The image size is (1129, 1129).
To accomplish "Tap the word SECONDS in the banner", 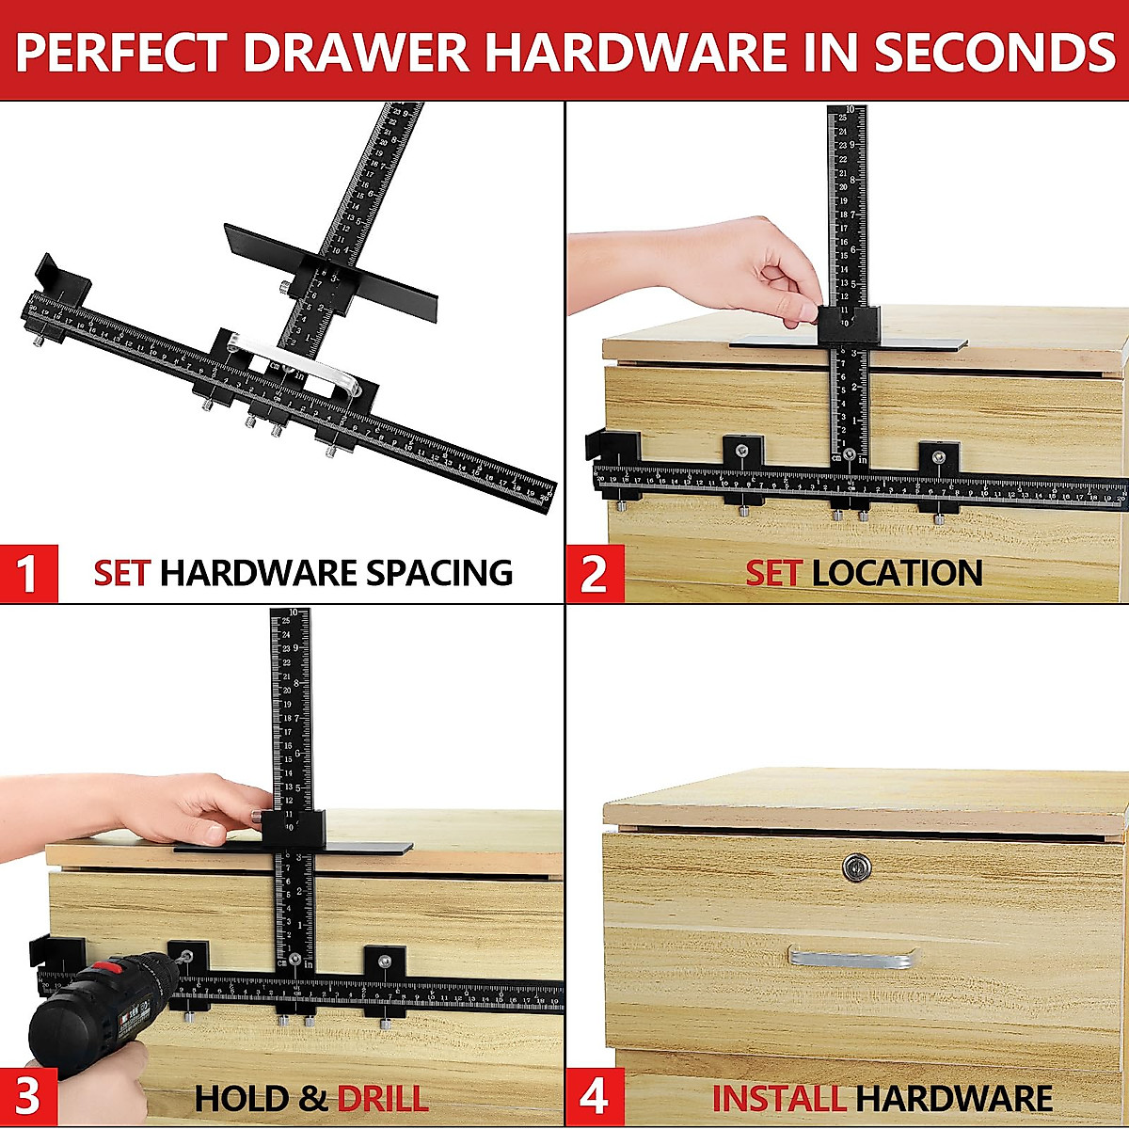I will (994, 52).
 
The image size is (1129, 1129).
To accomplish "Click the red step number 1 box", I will (28, 573).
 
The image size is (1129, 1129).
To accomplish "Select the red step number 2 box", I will (594, 573).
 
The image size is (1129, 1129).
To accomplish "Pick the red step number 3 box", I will (28, 1097).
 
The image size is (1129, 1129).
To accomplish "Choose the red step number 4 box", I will (594, 1097).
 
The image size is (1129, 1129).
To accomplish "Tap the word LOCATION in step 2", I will (897, 573).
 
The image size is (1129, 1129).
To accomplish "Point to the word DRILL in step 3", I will (382, 1098).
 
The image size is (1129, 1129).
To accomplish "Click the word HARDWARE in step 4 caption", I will (954, 1098).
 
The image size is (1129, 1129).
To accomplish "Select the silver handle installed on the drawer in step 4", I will (852, 957).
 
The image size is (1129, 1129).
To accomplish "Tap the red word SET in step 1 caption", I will (121, 573).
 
